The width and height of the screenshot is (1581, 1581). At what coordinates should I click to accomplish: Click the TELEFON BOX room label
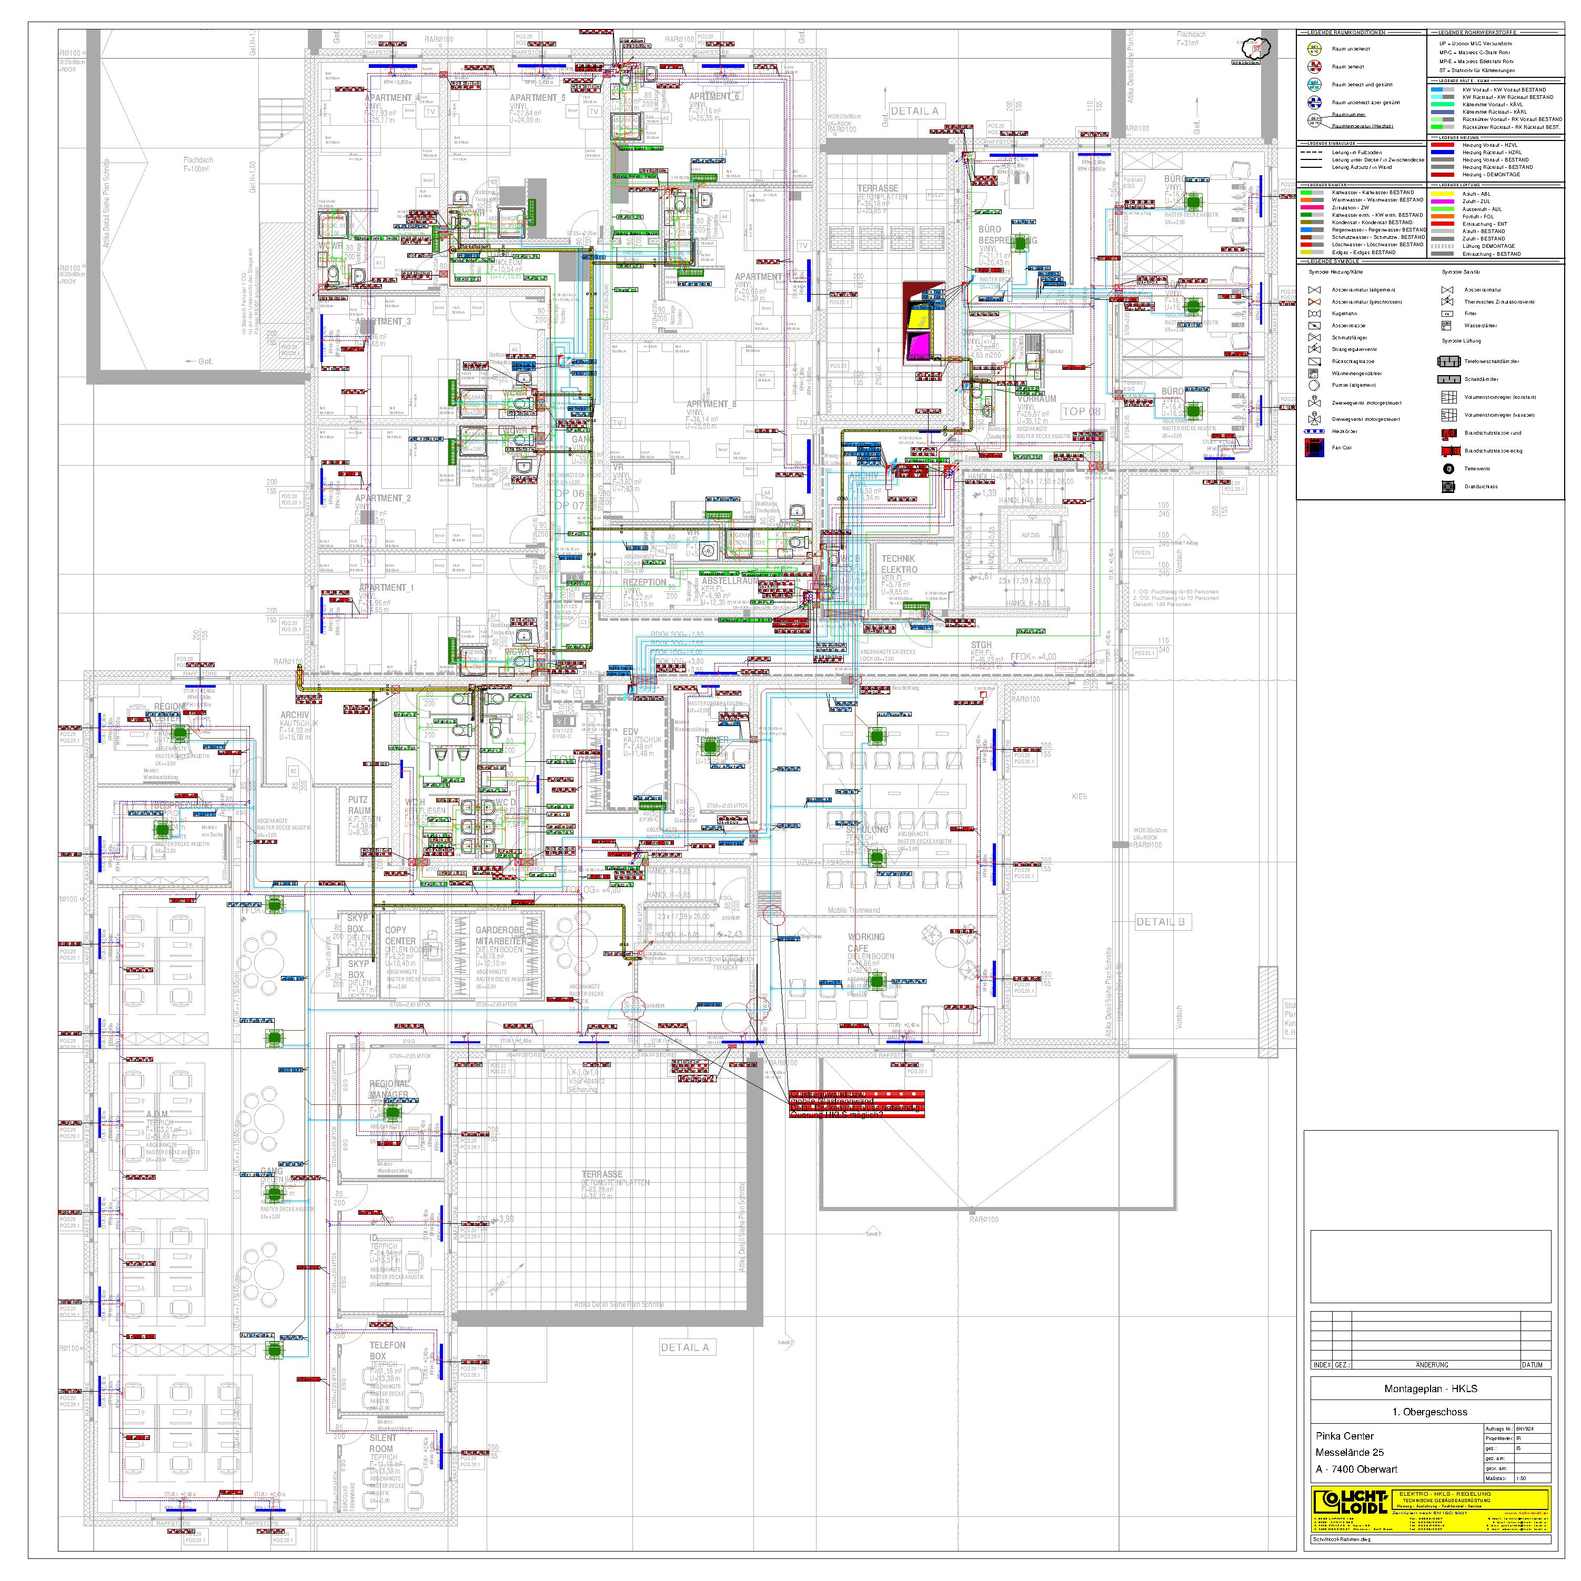(387, 1350)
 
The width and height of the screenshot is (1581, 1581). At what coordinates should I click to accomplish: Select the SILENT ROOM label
(382, 1443)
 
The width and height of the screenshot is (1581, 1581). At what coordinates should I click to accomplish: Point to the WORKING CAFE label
(866, 942)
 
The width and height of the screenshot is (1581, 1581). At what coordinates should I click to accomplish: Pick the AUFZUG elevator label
(1030, 535)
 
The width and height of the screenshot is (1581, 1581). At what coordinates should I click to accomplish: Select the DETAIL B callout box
(1161, 921)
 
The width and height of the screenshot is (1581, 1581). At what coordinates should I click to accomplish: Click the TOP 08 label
(1081, 411)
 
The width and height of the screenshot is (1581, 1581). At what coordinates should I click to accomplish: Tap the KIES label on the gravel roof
(1080, 796)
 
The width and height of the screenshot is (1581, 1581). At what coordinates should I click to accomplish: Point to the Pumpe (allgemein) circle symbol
(1314, 385)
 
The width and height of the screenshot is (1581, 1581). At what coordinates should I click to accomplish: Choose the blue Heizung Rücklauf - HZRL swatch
(1446, 152)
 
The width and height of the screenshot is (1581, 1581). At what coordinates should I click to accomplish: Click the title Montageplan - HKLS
(1431, 1388)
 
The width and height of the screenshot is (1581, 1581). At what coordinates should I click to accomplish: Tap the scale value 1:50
(1521, 1478)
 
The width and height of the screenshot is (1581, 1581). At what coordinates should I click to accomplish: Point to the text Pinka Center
(1344, 1435)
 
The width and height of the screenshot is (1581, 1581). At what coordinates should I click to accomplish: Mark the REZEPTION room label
(645, 582)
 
